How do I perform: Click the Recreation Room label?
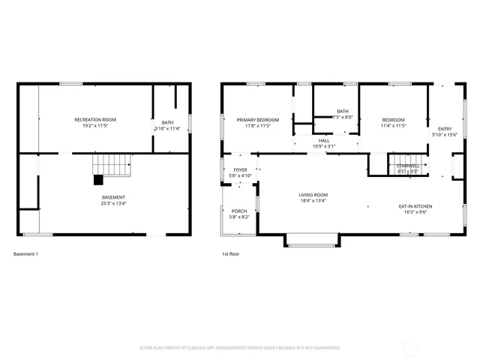click(x=95, y=120)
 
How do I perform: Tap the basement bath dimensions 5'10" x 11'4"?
click(x=166, y=129)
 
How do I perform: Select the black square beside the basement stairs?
click(x=97, y=179)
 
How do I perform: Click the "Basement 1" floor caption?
click(x=25, y=254)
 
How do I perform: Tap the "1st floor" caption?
click(x=230, y=254)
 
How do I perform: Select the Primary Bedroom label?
click(x=258, y=120)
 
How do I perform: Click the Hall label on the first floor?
click(x=324, y=140)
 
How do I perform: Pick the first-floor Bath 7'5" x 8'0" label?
click(x=343, y=112)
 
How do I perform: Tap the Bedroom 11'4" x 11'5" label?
click(x=393, y=120)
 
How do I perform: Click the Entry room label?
click(x=445, y=130)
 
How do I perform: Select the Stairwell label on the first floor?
click(x=408, y=165)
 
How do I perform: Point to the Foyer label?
click(x=240, y=170)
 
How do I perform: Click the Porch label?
click(x=239, y=211)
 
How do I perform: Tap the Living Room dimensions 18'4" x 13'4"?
click(x=314, y=201)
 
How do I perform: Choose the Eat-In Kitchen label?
click(x=415, y=206)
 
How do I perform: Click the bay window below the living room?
click(x=312, y=241)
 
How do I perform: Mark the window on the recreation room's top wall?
click(x=71, y=83)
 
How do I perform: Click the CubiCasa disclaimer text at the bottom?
click(x=240, y=348)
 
